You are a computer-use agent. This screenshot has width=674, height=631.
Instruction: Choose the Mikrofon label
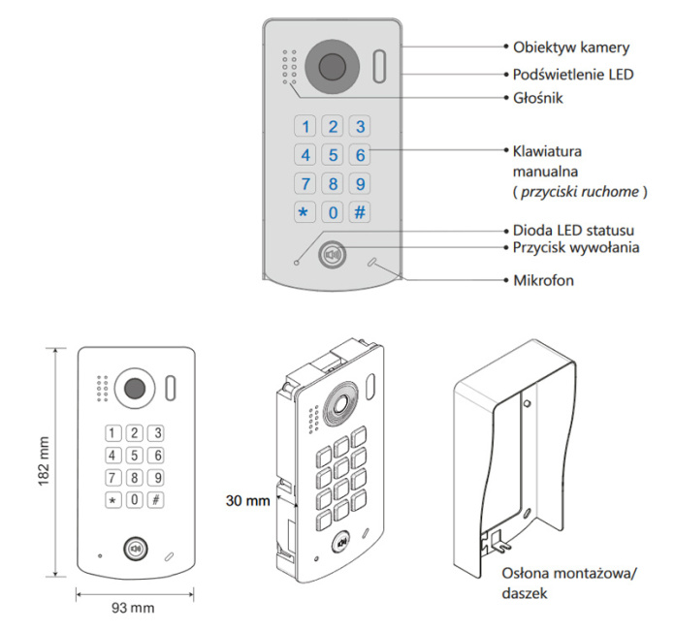pyautogui.click(x=545, y=280)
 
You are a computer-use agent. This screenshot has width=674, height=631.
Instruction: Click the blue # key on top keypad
pyautogui.click(x=359, y=212)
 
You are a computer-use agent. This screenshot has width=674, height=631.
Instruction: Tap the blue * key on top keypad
pyautogui.click(x=305, y=212)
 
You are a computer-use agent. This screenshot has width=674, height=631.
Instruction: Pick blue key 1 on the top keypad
pyautogui.click(x=305, y=126)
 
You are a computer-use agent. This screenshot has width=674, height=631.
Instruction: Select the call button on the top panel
pyautogui.click(x=333, y=255)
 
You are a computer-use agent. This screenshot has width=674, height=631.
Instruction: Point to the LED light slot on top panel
pyautogui.click(x=378, y=67)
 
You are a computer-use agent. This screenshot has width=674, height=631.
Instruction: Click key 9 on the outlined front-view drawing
pyautogui.click(x=156, y=477)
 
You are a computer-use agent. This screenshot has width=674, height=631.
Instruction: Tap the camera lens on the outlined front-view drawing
pyautogui.click(x=134, y=389)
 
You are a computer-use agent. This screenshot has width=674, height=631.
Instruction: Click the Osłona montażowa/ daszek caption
pyautogui.click(x=567, y=582)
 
